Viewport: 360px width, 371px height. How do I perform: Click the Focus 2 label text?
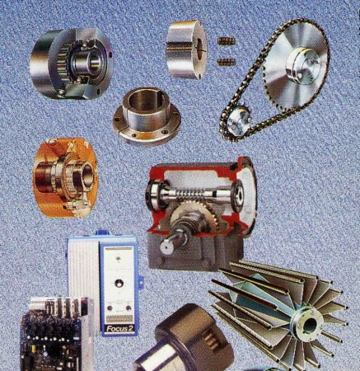coord(119,328)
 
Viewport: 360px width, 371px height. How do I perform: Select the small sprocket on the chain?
coord(236,122)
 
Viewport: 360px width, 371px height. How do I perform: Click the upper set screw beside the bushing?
coord(227,41)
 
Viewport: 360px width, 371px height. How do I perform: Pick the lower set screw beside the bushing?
coord(227,62)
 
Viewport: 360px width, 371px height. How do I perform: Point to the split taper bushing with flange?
coord(147,115)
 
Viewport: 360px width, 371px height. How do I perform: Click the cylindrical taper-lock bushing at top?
coord(186,49)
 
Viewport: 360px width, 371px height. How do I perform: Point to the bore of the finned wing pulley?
coord(310,325)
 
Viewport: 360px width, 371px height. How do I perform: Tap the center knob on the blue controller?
coord(119,283)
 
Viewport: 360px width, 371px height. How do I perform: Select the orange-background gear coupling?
coord(66,178)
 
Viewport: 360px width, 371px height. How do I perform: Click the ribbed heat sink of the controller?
coord(83,265)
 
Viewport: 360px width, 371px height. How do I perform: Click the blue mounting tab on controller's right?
coord(140,282)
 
